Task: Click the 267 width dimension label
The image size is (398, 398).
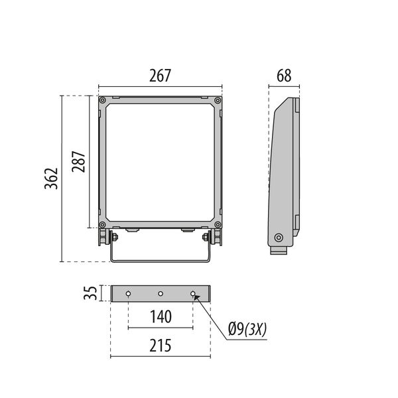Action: point(160,76)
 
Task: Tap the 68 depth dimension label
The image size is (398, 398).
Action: point(284,76)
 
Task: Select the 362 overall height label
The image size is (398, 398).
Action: point(52,178)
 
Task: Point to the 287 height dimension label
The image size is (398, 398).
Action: point(79,161)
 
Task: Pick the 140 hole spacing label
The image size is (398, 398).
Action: point(160,317)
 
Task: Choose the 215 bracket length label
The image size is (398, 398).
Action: point(160,346)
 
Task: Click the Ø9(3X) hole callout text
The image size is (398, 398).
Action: point(246,328)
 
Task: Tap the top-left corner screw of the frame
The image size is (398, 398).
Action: point(103,100)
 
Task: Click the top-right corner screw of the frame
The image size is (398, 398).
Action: point(217,100)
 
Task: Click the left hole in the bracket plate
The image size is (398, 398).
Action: point(128,293)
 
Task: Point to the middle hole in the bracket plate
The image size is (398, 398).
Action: point(160,293)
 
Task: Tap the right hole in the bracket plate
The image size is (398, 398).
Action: point(192,293)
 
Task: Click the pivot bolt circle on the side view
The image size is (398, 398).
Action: point(279,237)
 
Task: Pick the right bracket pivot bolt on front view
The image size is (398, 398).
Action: point(206,237)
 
